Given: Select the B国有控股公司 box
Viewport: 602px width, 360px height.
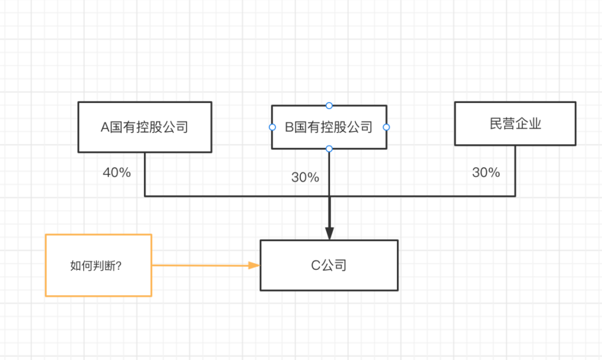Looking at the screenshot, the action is click(329, 127).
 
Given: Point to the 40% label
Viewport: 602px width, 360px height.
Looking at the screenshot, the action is click(116, 172).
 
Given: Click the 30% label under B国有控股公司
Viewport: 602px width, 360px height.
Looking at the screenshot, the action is click(305, 177).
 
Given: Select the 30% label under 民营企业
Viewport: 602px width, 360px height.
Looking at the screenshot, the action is click(486, 172).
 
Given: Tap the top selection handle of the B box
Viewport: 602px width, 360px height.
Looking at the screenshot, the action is click(329, 105).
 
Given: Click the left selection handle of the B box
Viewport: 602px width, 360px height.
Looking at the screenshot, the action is click(272, 127).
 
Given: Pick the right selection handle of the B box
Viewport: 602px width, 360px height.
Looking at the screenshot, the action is click(386, 127).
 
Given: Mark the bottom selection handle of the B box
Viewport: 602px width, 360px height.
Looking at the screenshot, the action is click(329, 149).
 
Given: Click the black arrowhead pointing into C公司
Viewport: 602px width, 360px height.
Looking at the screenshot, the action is click(329, 233).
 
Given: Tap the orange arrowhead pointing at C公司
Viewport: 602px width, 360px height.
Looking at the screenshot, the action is click(254, 265).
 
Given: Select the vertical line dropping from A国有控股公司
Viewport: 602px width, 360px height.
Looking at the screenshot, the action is click(145, 174).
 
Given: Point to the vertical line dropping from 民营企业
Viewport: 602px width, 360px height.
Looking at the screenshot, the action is click(515, 171).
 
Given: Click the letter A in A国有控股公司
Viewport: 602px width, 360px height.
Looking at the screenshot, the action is click(105, 127).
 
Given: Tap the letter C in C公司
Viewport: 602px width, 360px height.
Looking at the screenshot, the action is click(315, 265).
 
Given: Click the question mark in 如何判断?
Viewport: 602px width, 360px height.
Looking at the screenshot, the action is click(119, 266).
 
